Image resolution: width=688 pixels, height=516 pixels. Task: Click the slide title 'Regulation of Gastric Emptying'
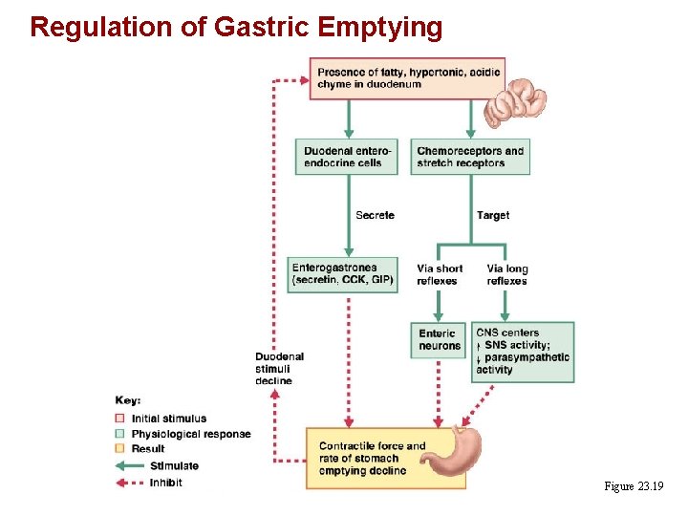(236, 26)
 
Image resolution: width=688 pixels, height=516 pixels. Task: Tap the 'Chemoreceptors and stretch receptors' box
(471, 157)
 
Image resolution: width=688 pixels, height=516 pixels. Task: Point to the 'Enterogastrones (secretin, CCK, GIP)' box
(343, 274)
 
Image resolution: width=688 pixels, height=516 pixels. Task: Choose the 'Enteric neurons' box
(439, 339)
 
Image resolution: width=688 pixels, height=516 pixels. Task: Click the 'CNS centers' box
(523, 352)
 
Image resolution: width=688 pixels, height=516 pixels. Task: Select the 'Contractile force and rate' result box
(373, 459)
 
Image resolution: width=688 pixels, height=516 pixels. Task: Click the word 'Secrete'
(375, 216)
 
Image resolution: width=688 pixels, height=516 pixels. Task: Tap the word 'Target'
(493, 216)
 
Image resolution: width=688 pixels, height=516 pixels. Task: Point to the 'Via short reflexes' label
(440, 274)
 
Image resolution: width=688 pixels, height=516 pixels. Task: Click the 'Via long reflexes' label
(506, 274)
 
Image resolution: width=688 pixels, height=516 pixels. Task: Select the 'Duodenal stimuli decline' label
(279, 368)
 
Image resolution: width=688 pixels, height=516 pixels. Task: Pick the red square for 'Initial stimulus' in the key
(119, 419)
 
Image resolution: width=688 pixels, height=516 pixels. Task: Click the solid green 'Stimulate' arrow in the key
(128, 466)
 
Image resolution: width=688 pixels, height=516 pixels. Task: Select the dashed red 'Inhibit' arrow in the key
(128, 483)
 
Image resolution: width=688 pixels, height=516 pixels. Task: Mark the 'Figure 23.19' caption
(634, 487)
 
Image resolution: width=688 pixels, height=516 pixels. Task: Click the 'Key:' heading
(128, 401)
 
